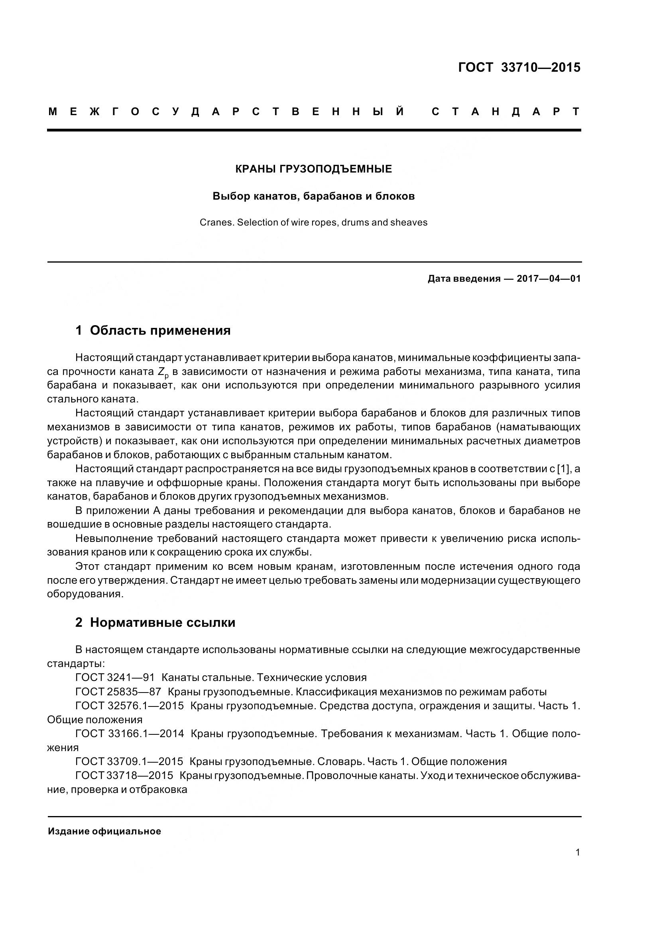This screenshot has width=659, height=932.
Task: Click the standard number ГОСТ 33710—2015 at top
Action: point(519,67)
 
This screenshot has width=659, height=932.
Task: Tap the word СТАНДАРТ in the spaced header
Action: point(506,112)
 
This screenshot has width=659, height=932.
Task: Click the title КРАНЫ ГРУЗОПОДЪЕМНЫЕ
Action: point(313,169)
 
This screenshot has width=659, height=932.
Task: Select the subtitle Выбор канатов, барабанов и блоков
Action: point(313,196)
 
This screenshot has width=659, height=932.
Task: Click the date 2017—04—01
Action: point(549,279)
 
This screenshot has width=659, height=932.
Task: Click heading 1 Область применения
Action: point(153,330)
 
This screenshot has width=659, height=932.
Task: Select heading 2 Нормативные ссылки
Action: point(155,623)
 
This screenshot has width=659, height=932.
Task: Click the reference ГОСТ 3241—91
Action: point(115,677)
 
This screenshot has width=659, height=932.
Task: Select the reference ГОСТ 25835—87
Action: point(118,692)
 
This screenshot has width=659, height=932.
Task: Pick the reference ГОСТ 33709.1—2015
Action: point(129,761)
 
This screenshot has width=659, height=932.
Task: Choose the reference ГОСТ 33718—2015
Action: point(124,775)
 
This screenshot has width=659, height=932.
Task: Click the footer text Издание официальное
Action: point(104,831)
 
